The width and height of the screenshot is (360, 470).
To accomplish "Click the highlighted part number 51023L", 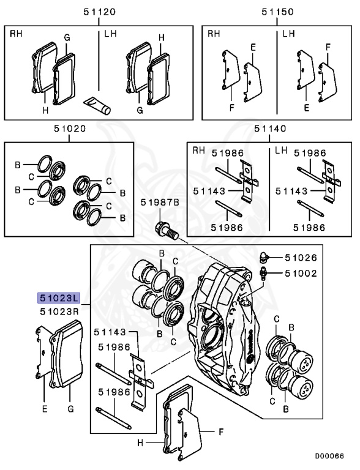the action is click(x=59, y=298).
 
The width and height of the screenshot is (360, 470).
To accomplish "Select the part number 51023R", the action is click(x=59, y=311).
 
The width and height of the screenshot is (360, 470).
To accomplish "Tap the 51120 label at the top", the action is click(x=99, y=12).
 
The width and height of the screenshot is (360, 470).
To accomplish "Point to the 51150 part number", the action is click(x=277, y=12).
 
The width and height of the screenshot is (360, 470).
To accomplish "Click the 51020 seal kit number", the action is click(x=70, y=129).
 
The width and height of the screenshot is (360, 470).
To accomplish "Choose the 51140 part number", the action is click(x=270, y=129).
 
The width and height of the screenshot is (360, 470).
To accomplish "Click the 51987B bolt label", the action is click(x=160, y=203).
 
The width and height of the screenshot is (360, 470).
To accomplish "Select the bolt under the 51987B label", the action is click(x=167, y=230).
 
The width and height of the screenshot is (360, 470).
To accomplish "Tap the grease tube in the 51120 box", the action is click(x=97, y=106).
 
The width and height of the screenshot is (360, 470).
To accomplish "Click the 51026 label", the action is click(x=301, y=258).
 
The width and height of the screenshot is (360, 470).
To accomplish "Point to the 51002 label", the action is click(x=301, y=274).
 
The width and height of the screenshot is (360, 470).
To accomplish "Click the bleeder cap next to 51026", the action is click(x=263, y=256).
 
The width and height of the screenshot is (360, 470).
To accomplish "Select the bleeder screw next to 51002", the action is click(x=263, y=274).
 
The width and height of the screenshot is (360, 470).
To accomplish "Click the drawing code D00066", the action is click(x=329, y=456).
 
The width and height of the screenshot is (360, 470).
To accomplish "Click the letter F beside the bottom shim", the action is click(x=221, y=431).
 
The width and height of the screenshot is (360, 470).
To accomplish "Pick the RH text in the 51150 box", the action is click(x=214, y=34).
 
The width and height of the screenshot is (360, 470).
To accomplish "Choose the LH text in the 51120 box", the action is click(x=110, y=34).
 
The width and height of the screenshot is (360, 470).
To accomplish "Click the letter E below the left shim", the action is click(x=45, y=409).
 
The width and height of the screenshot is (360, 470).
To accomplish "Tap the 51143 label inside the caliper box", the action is click(x=110, y=332).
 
